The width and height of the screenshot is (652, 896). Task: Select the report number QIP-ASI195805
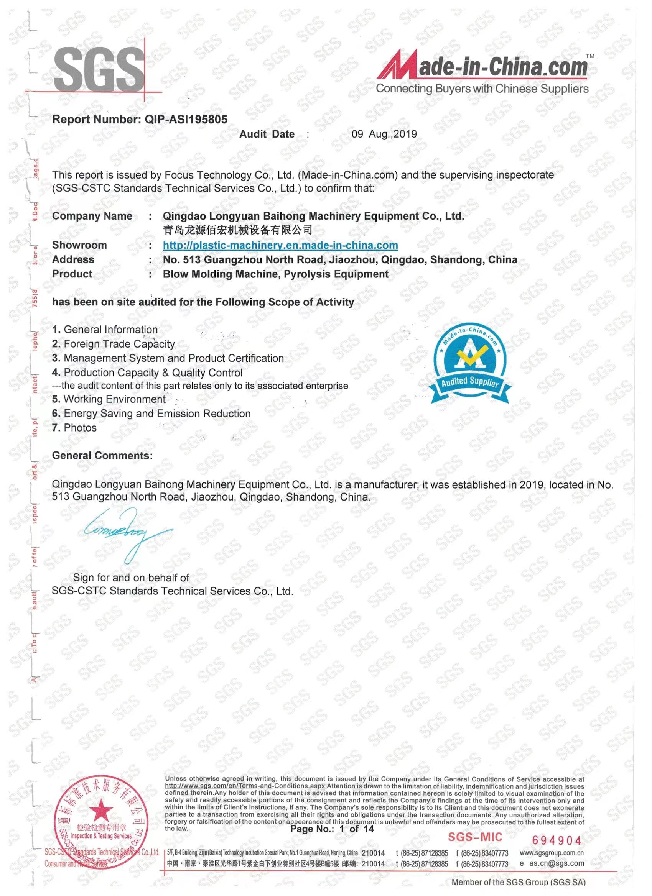(186, 119)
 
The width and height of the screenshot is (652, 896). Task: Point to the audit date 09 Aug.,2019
(384, 134)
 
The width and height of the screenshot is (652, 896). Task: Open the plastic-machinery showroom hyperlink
(280, 245)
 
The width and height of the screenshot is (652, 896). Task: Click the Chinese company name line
(237, 230)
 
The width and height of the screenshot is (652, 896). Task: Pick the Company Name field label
(92, 216)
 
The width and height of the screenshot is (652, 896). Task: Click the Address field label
(73, 259)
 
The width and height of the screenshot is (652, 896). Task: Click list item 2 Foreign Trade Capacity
(114, 344)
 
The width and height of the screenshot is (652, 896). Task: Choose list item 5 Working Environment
(109, 399)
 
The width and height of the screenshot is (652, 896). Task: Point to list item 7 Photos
(74, 427)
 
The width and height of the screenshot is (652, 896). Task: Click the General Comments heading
(102, 456)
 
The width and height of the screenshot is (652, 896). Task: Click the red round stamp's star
(101, 809)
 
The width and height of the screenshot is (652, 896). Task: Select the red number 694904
(557, 840)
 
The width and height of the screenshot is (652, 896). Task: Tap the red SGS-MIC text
(475, 837)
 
